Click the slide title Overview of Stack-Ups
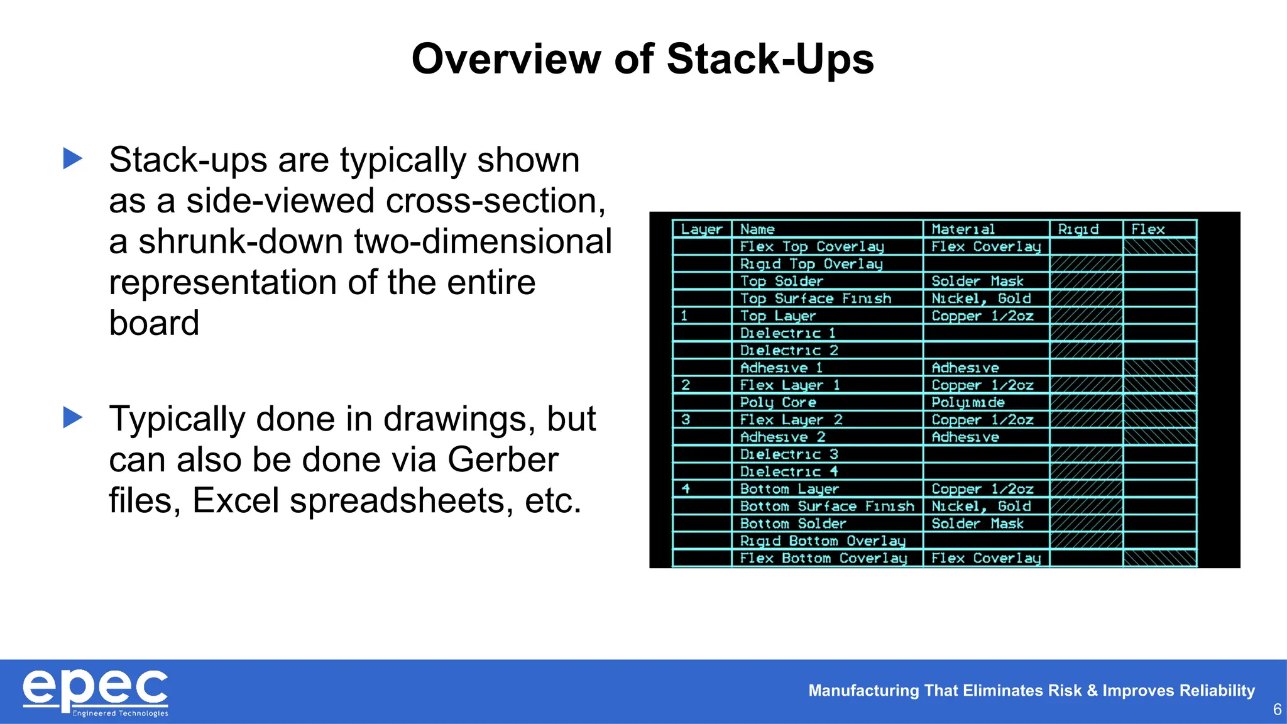click(642, 59)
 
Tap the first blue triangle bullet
click(73, 158)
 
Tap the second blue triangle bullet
click(73, 417)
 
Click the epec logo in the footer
click(96, 692)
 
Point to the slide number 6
click(1277, 710)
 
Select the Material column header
click(963, 229)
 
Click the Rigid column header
click(1078, 229)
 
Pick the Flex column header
click(1147, 229)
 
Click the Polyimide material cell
click(968, 402)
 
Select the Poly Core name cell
click(778, 402)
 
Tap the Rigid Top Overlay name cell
click(811, 264)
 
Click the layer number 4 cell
click(686, 488)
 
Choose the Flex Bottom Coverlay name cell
click(823, 558)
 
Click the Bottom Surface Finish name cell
click(827, 506)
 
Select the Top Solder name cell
click(781, 282)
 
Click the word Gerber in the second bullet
click(502, 459)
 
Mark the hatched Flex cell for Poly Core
click(1159, 402)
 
